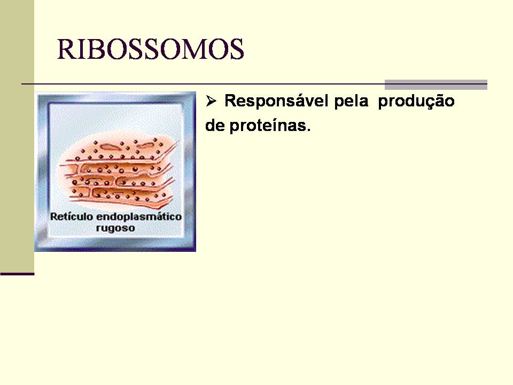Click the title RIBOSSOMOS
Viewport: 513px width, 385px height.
(151, 49)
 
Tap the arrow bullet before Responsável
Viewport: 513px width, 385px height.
(211, 101)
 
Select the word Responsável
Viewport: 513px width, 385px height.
(276, 101)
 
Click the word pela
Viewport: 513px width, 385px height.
(351, 102)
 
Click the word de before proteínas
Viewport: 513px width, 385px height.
(215, 125)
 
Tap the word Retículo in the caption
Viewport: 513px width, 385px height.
(71, 217)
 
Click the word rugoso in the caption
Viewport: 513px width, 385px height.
(115, 228)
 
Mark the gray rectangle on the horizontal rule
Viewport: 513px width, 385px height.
(436, 85)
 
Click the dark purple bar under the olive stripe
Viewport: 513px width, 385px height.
(17, 274)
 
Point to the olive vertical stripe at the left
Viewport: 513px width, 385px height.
(17, 136)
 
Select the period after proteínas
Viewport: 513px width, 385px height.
(308, 130)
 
